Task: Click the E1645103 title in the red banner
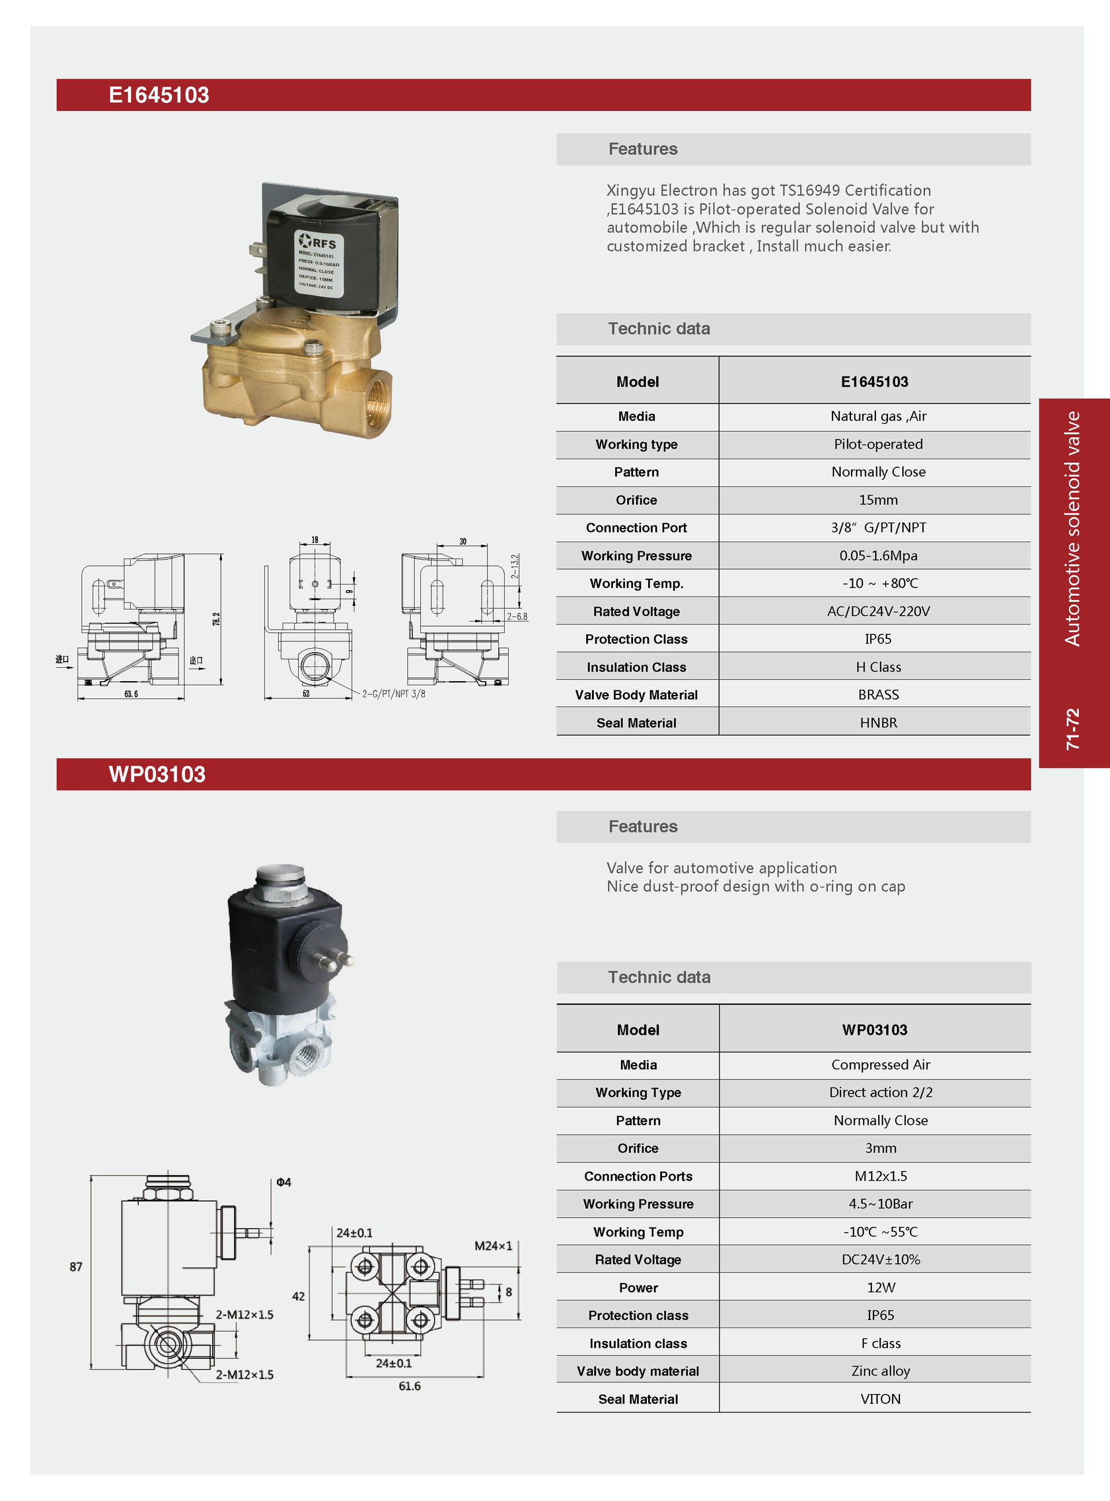tap(158, 95)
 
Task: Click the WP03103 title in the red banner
tap(157, 774)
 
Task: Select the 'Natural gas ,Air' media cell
tap(878, 416)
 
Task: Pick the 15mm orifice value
tap(878, 500)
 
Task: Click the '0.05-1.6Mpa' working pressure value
tap(878, 556)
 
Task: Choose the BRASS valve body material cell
tap(878, 695)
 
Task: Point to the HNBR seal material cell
tap(878, 723)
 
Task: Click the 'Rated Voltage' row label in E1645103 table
tap(637, 611)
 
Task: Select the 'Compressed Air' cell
tap(880, 1064)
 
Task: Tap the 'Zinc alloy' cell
tap(880, 1371)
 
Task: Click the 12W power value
tap(880, 1287)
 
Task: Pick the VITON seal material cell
tap(880, 1399)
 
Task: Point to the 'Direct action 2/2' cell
tap(880, 1092)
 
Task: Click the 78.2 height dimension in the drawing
tap(216, 619)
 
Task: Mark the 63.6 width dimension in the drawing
tap(131, 694)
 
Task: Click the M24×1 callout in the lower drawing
tap(493, 1245)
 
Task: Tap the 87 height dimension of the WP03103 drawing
tap(76, 1266)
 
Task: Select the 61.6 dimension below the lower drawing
tap(409, 1386)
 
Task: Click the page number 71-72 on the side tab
tap(1073, 729)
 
